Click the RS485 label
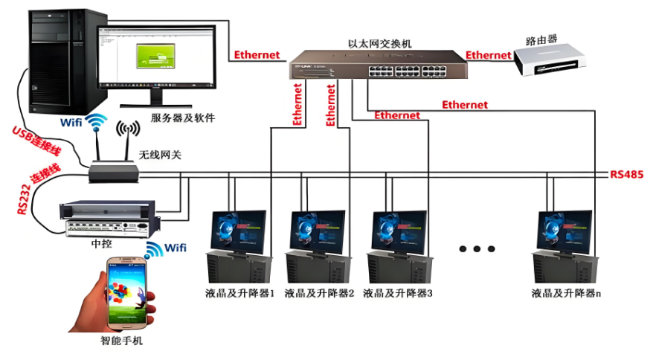(626, 175)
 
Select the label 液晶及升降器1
(240, 293)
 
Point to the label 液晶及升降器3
(398, 293)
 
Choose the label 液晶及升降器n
(566, 293)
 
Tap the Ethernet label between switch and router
(489, 55)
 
